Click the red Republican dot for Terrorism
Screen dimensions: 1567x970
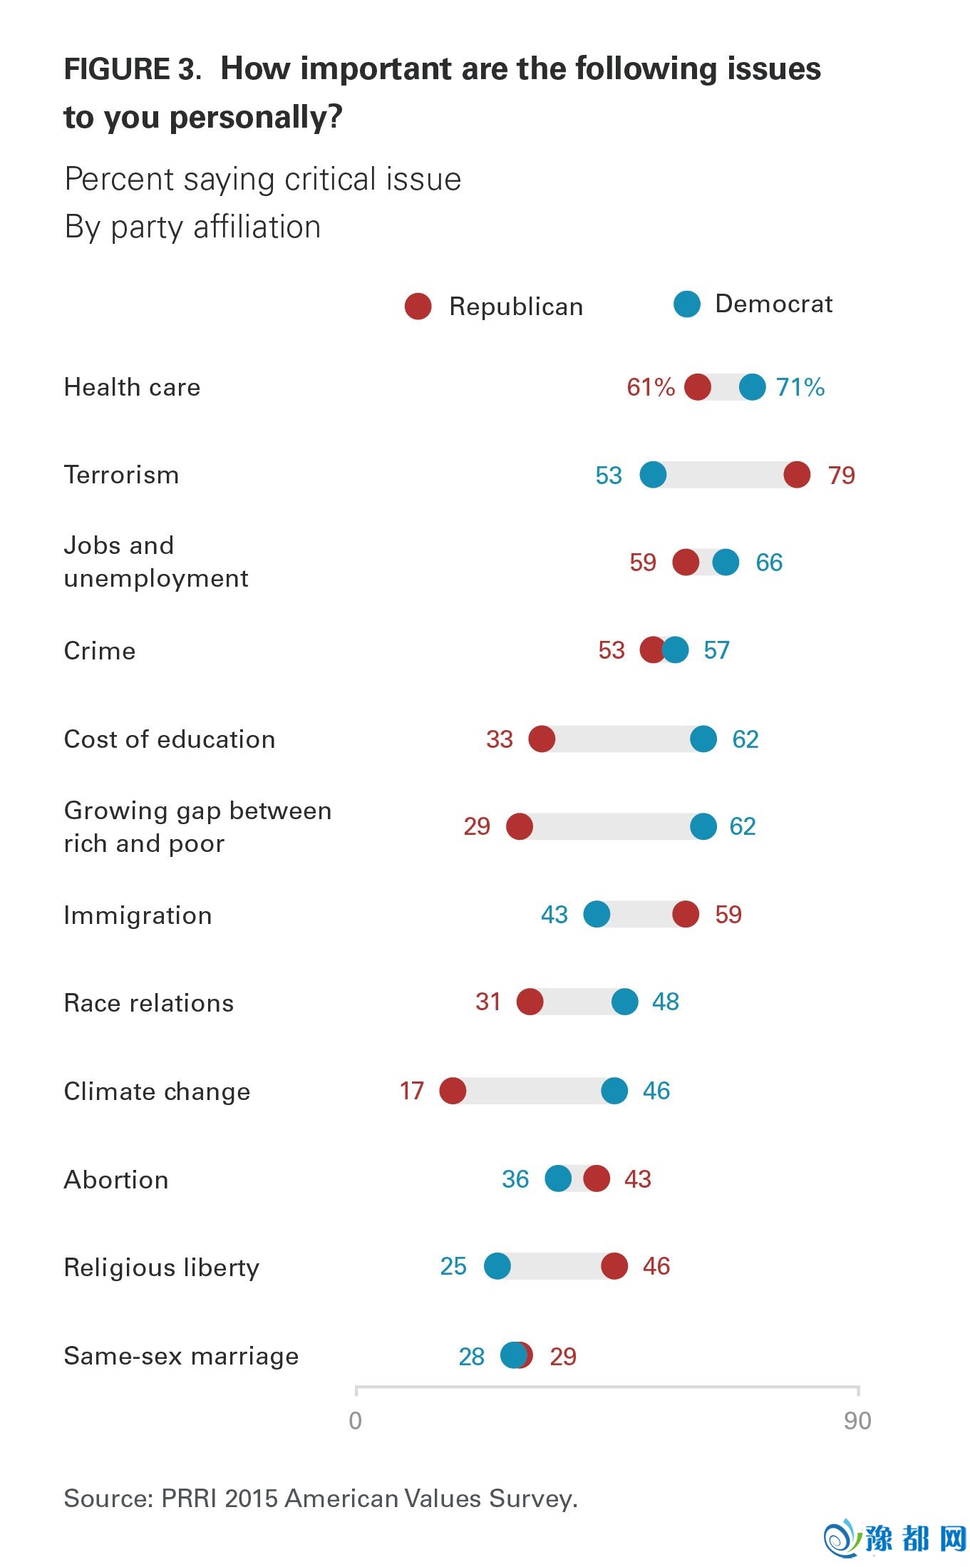tap(797, 474)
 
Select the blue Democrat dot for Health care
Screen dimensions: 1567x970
tap(752, 387)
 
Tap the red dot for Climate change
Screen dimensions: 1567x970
tap(453, 1090)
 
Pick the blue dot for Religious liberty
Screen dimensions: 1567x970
tap(497, 1266)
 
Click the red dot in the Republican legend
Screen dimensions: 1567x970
tap(418, 306)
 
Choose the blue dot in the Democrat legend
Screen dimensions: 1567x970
tap(687, 304)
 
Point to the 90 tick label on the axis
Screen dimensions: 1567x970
tap(857, 1421)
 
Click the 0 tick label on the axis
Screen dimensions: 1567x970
tap(355, 1421)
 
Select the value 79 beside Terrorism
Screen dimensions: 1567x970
tap(841, 475)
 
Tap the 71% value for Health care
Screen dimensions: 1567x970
tap(800, 387)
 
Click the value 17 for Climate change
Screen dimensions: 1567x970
tap(411, 1091)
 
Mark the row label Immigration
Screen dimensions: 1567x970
tap(138, 915)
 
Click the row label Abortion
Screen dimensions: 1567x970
tap(116, 1180)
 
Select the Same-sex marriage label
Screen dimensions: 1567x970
tap(181, 1356)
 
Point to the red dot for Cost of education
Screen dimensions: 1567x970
tap(542, 739)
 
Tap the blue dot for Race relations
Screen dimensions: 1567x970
tap(624, 1002)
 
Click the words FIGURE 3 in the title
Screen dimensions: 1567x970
tap(131, 69)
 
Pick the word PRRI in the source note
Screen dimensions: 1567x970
tap(189, 1499)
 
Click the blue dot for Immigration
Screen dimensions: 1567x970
tap(597, 914)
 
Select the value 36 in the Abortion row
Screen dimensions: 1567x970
tap(515, 1179)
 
